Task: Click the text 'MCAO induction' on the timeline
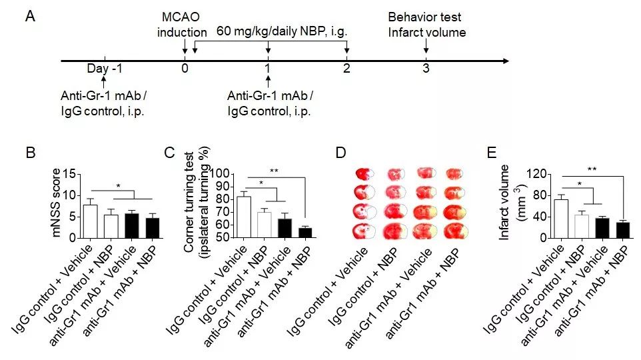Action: coord(184,25)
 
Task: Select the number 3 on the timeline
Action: coord(426,69)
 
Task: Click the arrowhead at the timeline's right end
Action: coord(506,61)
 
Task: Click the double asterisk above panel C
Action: coord(274,171)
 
